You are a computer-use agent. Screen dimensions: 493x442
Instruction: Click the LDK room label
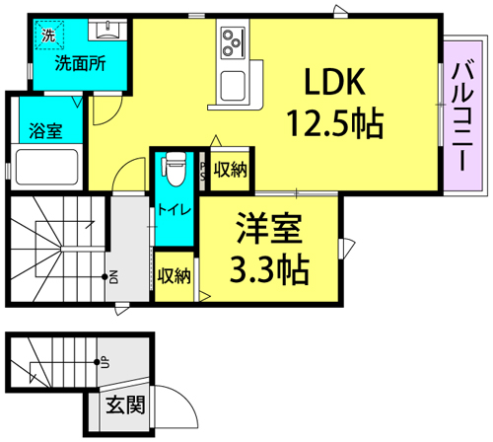pos(335,81)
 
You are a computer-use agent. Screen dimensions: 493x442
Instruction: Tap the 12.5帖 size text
pos(335,123)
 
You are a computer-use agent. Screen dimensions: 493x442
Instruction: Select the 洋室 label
pos(269,228)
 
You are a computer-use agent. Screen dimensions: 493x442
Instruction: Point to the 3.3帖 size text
pos(269,269)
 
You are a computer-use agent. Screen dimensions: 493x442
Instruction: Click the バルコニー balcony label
pos(462,115)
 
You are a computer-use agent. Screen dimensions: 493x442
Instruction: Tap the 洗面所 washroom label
pos(80,63)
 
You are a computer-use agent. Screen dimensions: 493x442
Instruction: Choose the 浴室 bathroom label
pos(45,130)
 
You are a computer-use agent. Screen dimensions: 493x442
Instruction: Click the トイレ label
pos(175,209)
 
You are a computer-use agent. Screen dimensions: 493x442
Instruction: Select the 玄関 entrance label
pos(125,405)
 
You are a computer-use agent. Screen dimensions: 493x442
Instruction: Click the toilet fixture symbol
pos(175,169)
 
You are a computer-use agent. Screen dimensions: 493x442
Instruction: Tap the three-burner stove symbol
pos(234,43)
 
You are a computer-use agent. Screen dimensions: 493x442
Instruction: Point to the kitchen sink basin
pos(233,86)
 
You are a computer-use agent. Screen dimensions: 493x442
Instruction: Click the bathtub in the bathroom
pos(46,167)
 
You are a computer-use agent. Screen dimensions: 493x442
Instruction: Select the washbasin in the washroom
pos(107,30)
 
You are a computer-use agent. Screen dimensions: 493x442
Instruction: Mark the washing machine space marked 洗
pos(49,35)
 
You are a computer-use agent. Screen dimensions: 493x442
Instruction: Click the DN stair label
pos(113,277)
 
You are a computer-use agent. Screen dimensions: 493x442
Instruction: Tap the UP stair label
pos(106,362)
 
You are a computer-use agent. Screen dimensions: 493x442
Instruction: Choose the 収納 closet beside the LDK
pos(230,170)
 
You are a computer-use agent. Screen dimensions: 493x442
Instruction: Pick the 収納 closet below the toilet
pos(175,276)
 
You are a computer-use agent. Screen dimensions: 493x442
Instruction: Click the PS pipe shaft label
pos(203,171)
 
